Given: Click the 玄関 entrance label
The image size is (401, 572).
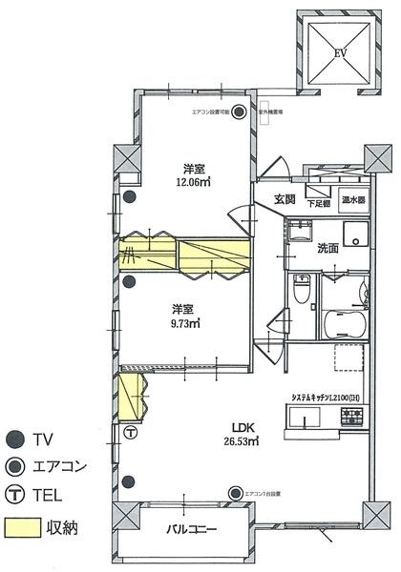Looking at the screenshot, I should coord(285,200).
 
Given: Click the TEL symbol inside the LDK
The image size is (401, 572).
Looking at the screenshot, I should coord(131,432).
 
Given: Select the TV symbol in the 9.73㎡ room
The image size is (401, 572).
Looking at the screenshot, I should coord(128,282).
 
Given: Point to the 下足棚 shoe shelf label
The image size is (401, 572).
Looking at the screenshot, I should coord(318,203).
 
